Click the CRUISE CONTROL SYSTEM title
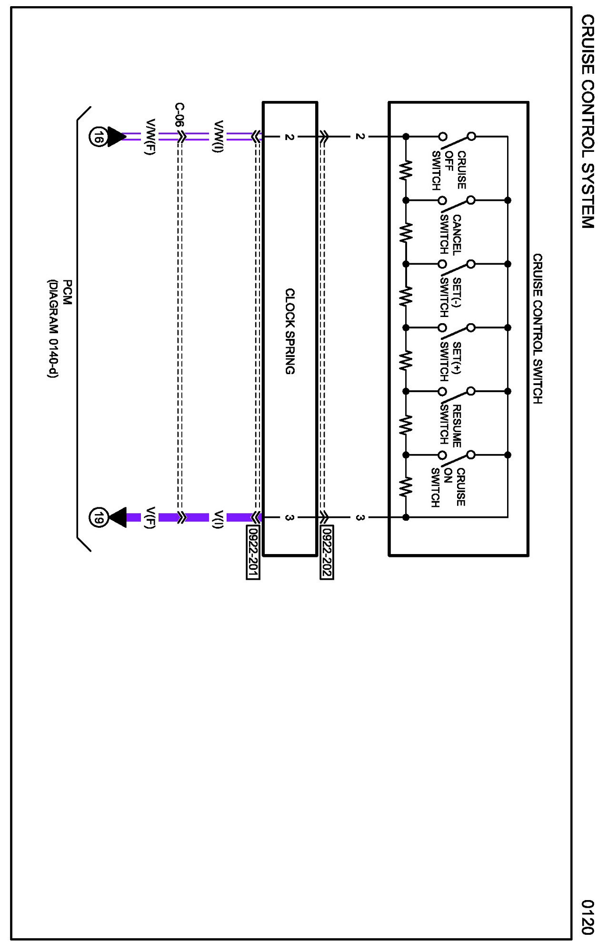[588, 121]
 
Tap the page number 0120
[588, 916]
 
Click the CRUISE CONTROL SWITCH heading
[537, 328]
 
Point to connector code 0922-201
[253, 552]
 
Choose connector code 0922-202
[327, 552]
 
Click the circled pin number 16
[98, 137]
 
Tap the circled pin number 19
[98, 517]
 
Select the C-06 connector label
[179, 115]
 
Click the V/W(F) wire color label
[150, 137]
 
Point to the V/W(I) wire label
[219, 137]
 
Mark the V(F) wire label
[150, 517]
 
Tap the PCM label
[68, 292]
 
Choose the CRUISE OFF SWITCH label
[448, 170]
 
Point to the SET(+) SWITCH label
[450, 361]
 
